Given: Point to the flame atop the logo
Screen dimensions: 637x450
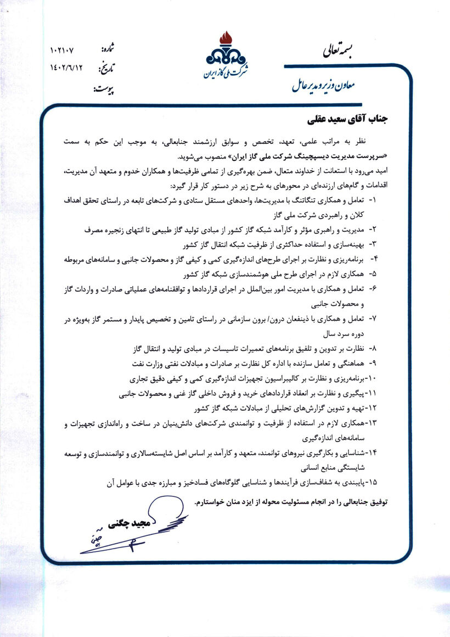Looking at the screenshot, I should point(225,38).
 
